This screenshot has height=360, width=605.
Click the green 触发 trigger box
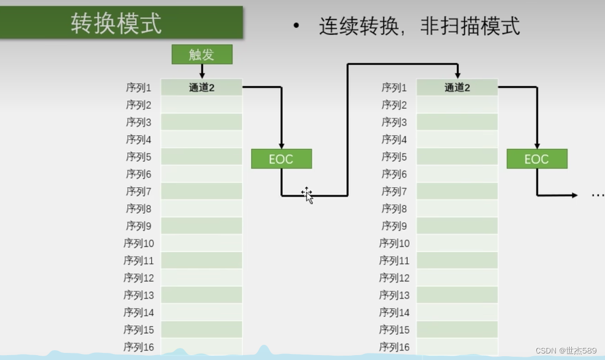202,55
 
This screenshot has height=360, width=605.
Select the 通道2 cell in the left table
201,87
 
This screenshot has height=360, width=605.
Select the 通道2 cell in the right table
457,87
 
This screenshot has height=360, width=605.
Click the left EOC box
281,159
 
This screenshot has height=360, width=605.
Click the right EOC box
536,159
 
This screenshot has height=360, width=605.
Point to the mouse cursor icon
308,195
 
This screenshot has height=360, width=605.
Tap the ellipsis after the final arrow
597,195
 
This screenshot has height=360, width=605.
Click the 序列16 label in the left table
139,347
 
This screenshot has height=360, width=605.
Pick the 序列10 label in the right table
394,243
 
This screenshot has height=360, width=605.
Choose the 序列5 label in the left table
139,157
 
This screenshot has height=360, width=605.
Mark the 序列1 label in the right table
394,87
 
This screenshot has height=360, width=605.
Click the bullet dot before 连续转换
296,26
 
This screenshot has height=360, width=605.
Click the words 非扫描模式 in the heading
470,26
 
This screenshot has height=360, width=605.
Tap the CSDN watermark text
566,350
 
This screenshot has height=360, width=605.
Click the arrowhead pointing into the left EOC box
281,146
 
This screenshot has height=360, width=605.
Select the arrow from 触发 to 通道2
202,71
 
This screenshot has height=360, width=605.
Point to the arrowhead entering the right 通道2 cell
458,75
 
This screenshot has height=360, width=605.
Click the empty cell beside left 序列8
201,208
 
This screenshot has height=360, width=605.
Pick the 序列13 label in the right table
394,295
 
